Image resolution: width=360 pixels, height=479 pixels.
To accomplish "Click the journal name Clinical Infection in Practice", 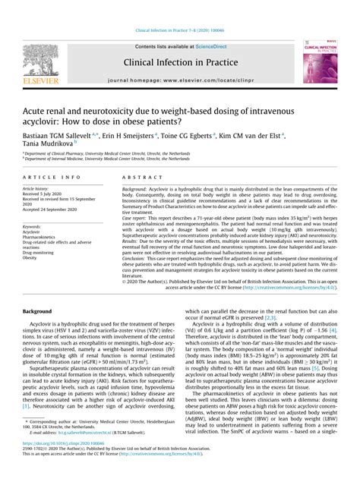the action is [x=181, y=65].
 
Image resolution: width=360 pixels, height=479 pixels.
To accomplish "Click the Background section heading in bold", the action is [x=38, y=311].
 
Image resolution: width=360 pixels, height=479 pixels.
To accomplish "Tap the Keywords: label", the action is [x=33, y=225].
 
